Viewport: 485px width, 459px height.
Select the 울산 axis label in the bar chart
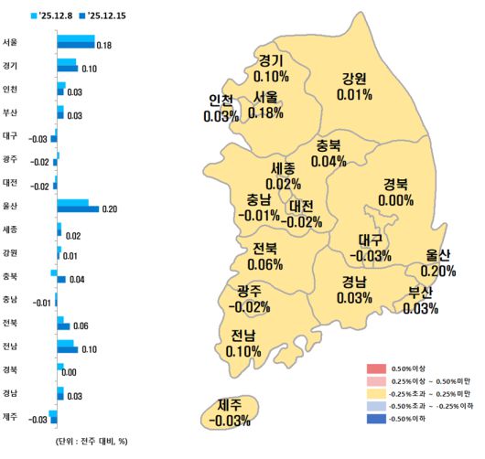point(10,205)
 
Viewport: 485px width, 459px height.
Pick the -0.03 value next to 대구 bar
point(38,139)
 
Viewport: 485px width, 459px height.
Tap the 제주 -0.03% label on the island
point(228,412)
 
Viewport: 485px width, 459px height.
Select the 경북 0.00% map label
point(395,192)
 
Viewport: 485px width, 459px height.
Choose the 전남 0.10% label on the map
point(242,343)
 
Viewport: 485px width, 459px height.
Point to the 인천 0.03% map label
point(221,108)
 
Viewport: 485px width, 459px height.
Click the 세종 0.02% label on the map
point(283,176)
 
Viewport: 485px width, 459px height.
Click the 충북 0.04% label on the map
point(329,153)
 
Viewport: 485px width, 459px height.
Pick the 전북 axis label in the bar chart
point(10,322)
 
